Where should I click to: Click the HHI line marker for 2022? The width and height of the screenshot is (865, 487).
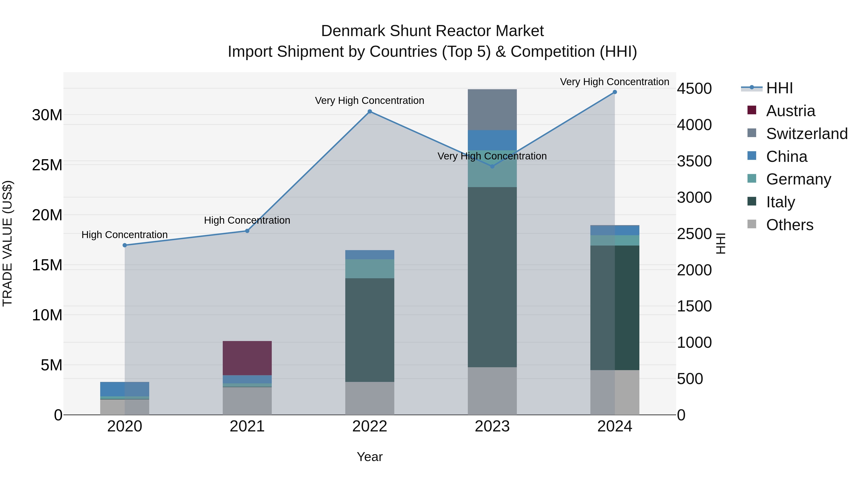pos(370,111)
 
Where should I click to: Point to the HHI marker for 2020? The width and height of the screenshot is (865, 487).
pos(124,245)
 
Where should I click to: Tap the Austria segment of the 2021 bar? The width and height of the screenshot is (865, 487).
pos(247,358)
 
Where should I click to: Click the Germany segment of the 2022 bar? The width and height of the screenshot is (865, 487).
pos(370,269)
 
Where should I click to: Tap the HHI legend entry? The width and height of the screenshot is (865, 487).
pos(779,88)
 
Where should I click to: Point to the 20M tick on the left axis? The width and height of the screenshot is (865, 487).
pos(47,215)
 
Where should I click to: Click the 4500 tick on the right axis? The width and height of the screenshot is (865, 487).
pos(694,89)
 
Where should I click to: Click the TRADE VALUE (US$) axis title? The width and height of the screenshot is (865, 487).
pos(7,243)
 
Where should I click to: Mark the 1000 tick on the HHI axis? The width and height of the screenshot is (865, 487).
pos(694,342)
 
